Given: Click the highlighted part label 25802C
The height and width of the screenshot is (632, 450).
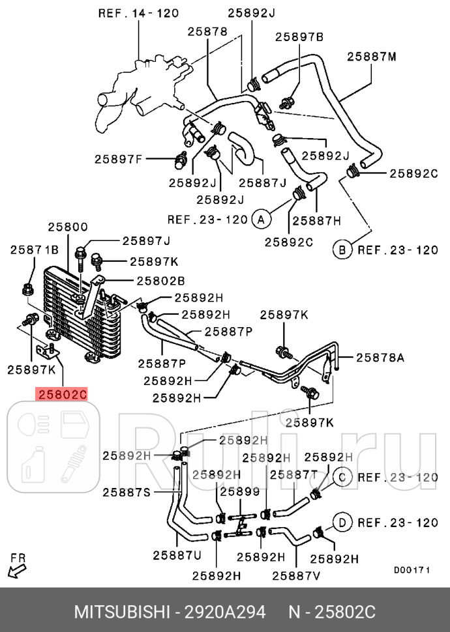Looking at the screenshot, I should (62, 394).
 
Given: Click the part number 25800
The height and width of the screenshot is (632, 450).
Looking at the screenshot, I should (67, 227).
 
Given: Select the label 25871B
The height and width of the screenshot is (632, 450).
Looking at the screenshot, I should (34, 250).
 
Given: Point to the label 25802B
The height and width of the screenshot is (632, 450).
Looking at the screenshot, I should (160, 281).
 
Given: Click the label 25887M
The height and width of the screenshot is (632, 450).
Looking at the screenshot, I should (371, 57).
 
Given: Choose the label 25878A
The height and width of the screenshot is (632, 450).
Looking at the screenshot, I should (380, 357).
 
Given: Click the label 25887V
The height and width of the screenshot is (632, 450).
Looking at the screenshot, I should (295, 575).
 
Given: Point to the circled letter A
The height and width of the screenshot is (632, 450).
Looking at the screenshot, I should (261, 220).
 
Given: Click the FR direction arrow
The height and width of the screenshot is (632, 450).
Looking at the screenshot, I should (17, 569).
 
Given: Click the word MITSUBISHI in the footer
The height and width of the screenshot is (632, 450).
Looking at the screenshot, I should (121, 612).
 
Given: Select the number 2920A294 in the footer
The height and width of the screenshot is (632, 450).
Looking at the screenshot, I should (224, 612).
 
